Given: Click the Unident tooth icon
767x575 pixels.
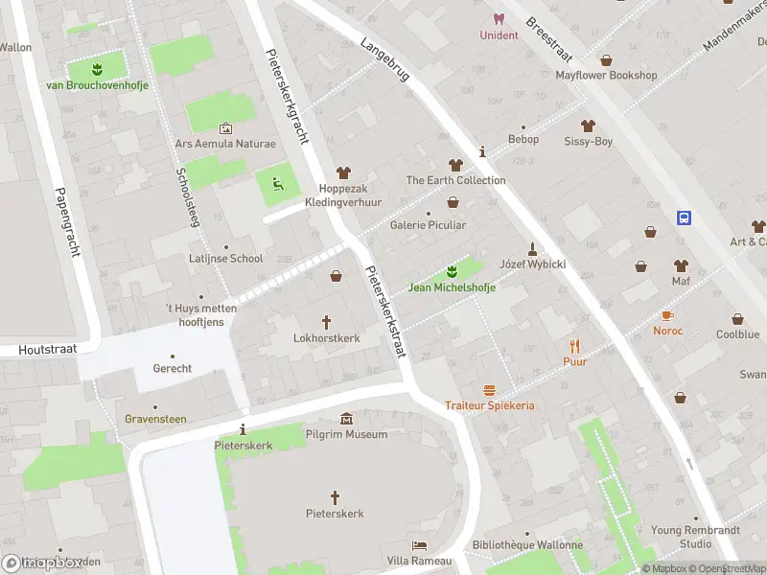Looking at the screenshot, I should pos(499,18).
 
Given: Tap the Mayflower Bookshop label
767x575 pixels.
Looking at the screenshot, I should pos(606,76).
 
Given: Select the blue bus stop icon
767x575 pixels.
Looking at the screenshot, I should pos(685,218).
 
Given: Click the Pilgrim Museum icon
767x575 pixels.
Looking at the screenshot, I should pos(345,419).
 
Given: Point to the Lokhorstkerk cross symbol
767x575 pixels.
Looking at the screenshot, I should pos(326,322).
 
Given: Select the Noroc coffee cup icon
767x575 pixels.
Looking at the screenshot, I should pos(668,315).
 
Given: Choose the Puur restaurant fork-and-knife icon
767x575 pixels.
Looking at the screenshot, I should pos(575,346).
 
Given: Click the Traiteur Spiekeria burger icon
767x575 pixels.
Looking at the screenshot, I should pos(489,390).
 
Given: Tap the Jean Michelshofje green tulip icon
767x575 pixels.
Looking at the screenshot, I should pos(452,271).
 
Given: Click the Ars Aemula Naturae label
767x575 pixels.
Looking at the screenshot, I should pos(224,144).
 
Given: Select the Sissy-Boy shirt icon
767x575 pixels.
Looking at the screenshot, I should pos(588,126).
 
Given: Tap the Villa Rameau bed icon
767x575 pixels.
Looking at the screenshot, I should pos(419,545).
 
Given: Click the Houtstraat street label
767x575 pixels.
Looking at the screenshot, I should pos(46,351).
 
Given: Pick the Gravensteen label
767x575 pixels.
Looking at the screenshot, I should pos(155,419).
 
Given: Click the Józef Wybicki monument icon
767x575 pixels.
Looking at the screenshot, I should pos(534,247).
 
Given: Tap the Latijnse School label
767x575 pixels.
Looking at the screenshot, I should pos(225,259).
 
